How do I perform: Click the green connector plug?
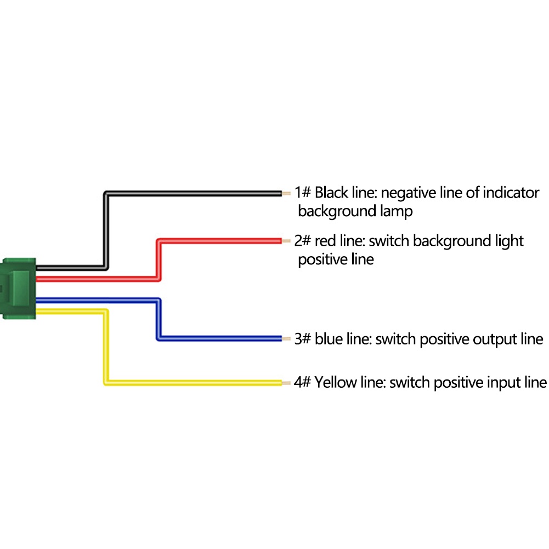point(19,288)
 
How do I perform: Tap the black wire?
point(192,193)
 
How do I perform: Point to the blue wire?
point(219,338)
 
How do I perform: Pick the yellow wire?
point(192,382)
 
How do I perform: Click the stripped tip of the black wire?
point(285,193)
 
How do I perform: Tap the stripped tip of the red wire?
point(285,241)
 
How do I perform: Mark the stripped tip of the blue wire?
point(285,339)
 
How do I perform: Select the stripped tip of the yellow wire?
point(285,382)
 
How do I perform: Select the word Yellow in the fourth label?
point(333,383)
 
